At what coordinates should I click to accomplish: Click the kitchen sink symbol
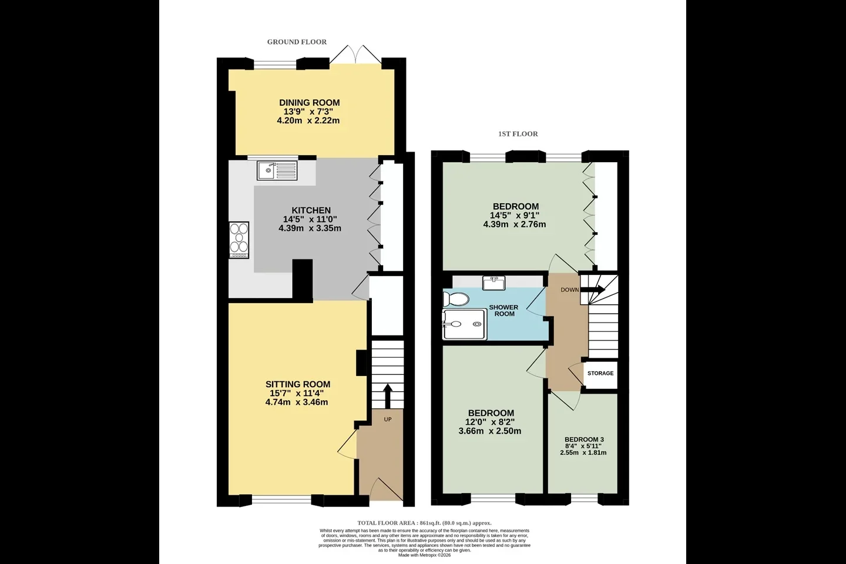coord(277,170)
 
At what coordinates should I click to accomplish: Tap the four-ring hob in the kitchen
coord(239,240)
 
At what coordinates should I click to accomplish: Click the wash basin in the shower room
coord(493,283)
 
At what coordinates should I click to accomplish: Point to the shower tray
coord(465,324)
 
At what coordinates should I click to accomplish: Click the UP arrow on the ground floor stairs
coord(388,396)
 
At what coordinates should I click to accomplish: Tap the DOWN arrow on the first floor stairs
coord(593,290)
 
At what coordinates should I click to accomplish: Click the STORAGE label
coord(600,373)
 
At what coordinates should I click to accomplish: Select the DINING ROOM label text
coord(309,102)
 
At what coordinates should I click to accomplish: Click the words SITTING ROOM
coord(298,384)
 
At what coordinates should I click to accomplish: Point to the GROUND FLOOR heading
coord(297,42)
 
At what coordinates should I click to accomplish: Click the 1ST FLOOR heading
coord(518,134)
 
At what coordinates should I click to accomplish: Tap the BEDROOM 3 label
coord(584,439)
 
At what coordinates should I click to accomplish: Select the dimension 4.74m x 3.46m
coord(297,402)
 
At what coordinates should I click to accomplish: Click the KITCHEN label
coord(311,210)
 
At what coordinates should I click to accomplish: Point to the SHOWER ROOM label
coord(504,311)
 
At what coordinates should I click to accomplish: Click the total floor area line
coord(425,523)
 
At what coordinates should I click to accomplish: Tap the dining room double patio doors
coord(355,55)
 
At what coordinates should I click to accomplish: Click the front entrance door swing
coord(386,489)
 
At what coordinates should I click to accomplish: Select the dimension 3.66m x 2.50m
coord(490,431)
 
